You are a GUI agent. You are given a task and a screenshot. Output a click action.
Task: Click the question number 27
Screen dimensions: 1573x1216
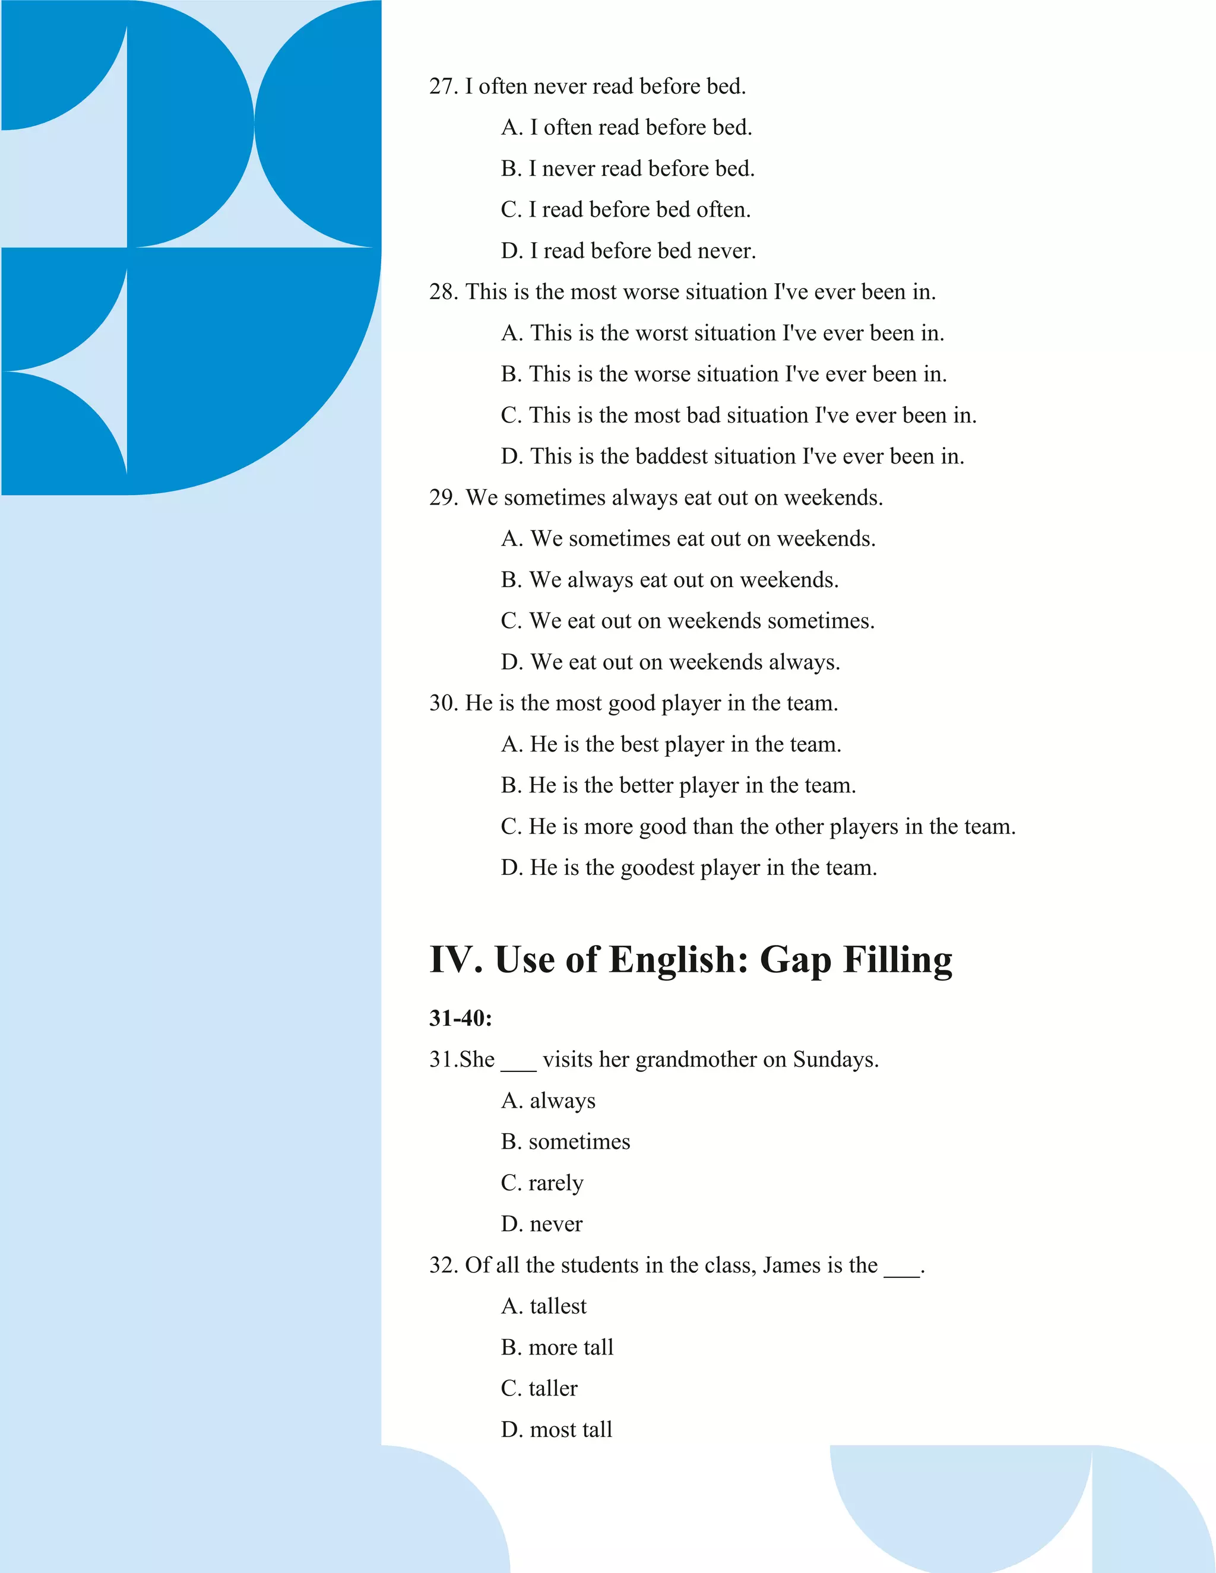[442, 87]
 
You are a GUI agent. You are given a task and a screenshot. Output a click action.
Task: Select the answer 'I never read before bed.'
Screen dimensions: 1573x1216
[628, 169]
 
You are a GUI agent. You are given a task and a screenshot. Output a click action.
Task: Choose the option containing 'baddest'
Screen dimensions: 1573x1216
[732, 456]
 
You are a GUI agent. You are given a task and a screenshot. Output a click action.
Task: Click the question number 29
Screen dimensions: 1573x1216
[442, 497]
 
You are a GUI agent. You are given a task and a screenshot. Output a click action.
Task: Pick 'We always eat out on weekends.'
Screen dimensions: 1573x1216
[669, 580]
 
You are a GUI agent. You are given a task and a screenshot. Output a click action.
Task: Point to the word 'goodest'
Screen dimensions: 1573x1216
[656, 868]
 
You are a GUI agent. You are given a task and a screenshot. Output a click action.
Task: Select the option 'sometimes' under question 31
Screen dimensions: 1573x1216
[565, 1142]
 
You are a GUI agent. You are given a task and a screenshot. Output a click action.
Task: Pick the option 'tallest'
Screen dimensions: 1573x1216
[544, 1306]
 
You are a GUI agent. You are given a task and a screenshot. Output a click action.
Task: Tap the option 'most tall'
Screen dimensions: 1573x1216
[556, 1430]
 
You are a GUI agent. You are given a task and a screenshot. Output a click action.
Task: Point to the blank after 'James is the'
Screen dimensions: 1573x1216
[902, 1269]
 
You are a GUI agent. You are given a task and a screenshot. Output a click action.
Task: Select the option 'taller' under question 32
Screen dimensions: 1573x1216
[539, 1388]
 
